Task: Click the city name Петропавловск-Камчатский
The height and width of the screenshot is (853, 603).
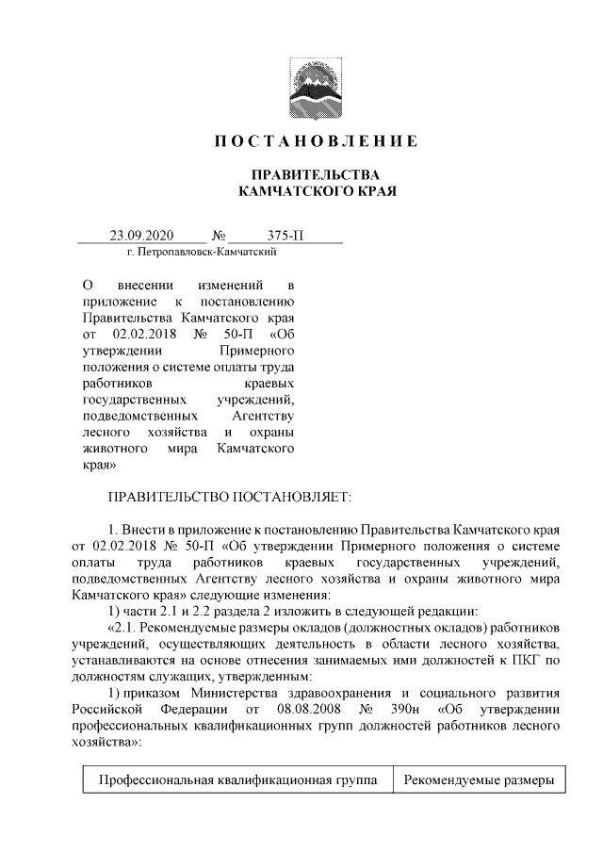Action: [205, 254]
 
